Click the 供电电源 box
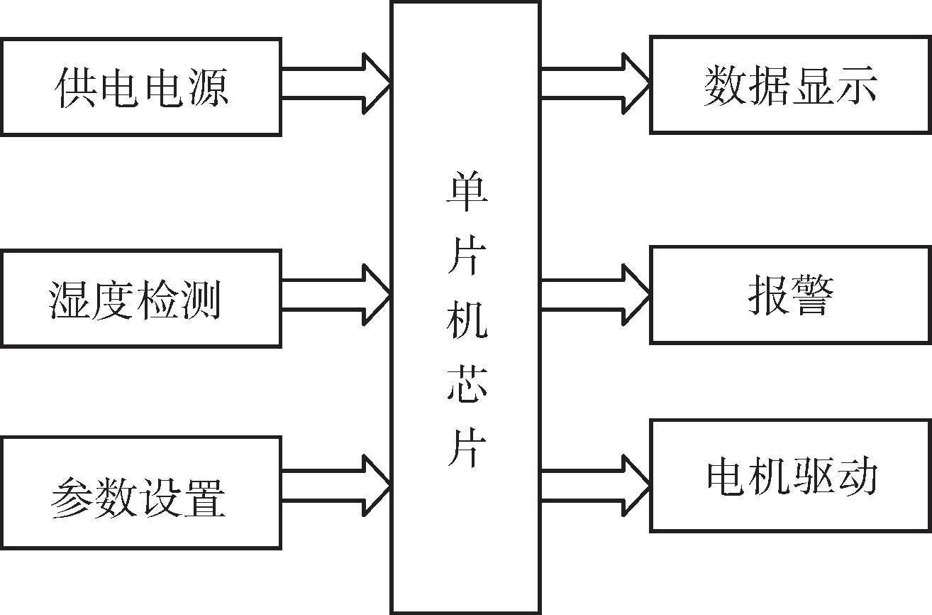[x=140, y=87]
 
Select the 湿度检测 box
[x=140, y=298]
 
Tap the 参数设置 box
[x=140, y=493]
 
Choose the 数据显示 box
[x=790, y=85]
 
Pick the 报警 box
[x=790, y=295]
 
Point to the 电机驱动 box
[x=790, y=476]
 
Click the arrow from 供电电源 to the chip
[x=337, y=83]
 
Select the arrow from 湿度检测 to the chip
[x=337, y=294]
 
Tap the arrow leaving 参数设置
[x=337, y=485]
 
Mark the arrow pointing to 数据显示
[x=596, y=83]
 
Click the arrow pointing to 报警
[x=596, y=294]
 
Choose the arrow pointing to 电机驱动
[x=596, y=485]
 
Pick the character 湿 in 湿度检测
[x=71, y=299]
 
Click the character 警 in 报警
[x=811, y=295]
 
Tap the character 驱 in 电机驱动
[x=813, y=476]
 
